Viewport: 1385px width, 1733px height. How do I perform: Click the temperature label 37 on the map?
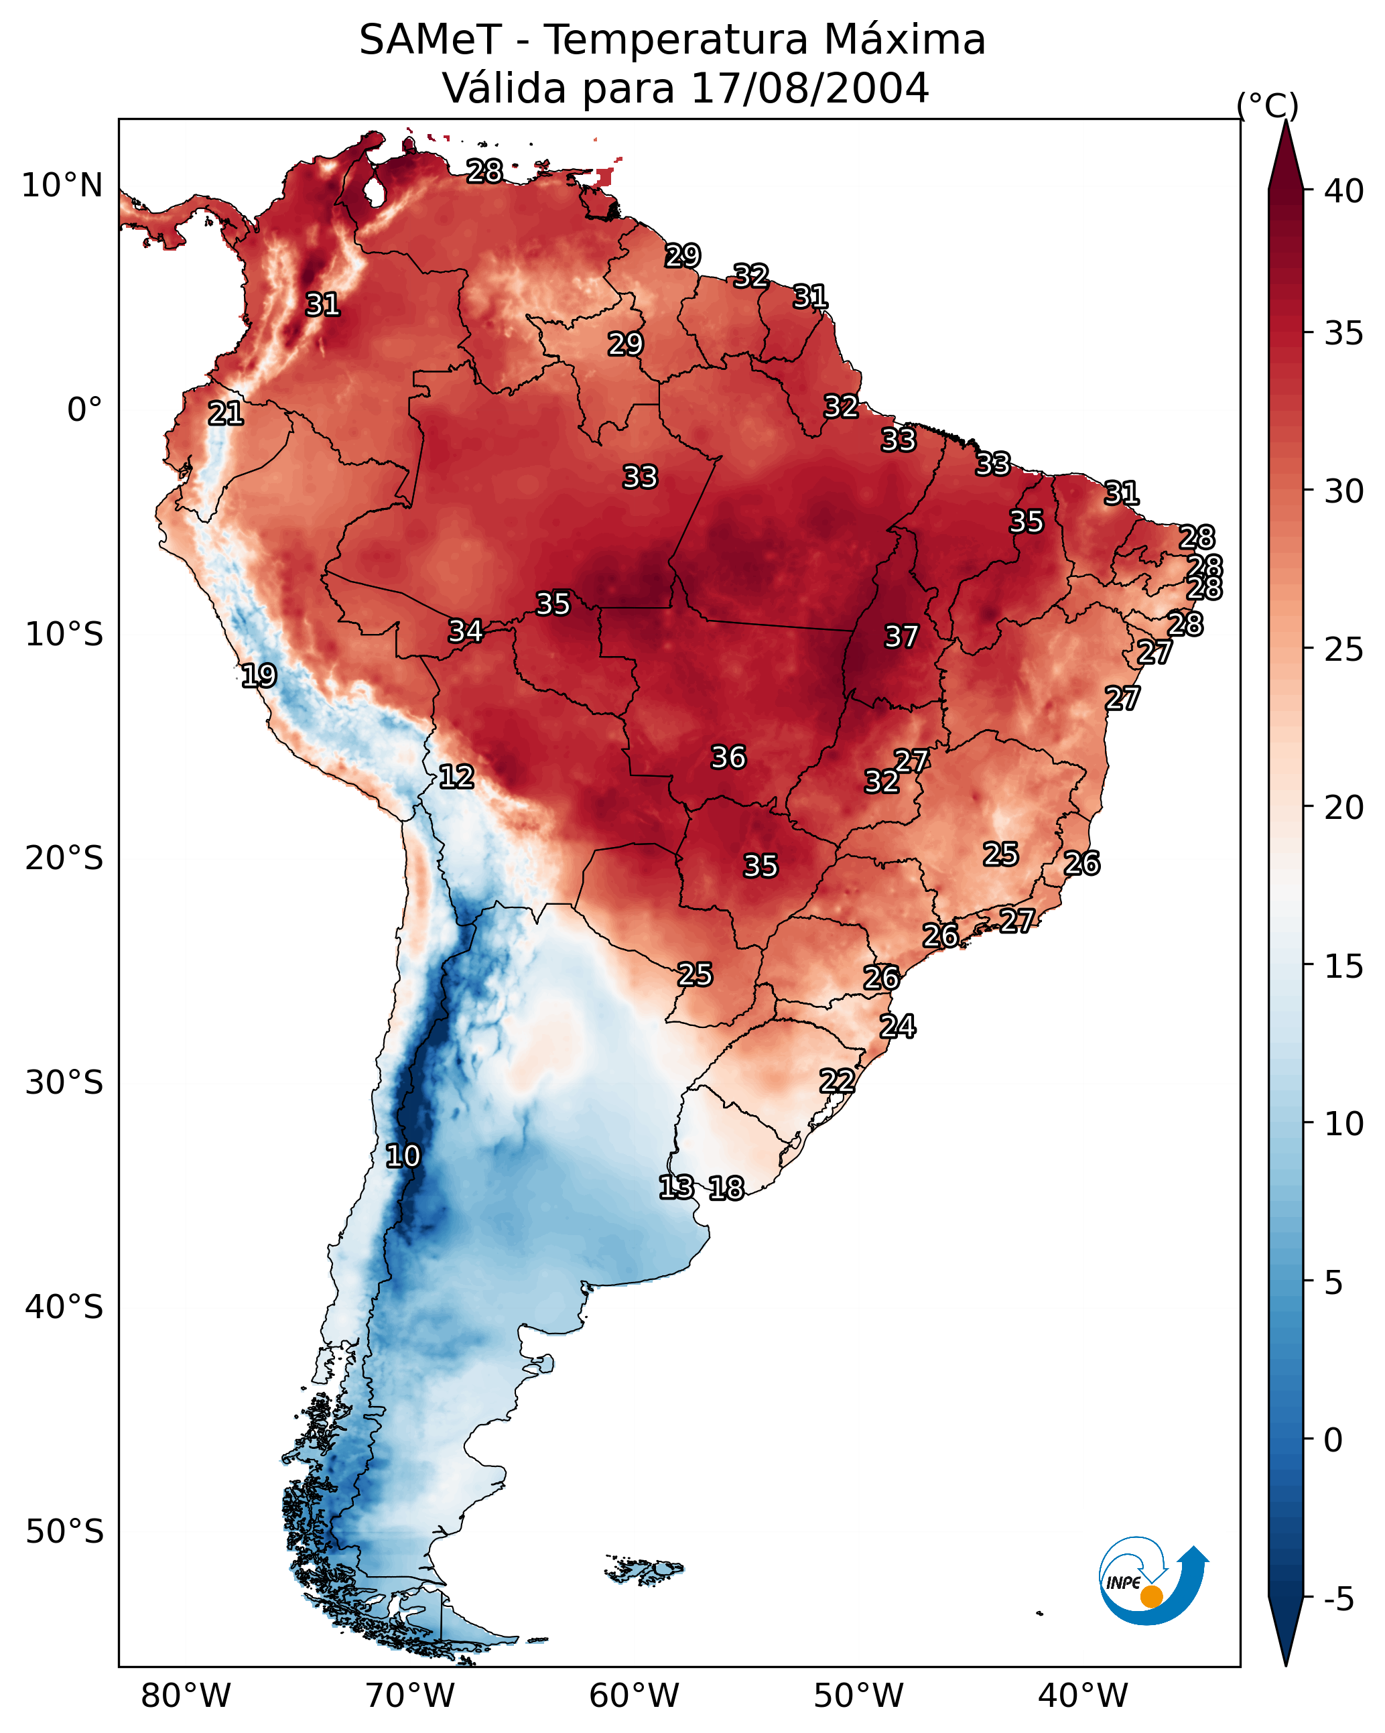pyautogui.click(x=901, y=637)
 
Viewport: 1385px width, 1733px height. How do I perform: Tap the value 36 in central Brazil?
pyautogui.click(x=728, y=757)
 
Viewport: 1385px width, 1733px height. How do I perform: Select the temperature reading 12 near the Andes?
pyautogui.click(x=456, y=777)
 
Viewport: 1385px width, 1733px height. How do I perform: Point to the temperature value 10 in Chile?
pyautogui.click(x=402, y=1156)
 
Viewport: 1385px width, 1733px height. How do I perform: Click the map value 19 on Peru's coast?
pyautogui.click(x=259, y=676)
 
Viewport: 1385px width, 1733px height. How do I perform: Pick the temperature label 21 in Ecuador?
pyautogui.click(x=225, y=413)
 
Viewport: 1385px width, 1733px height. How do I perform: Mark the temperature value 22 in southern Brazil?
pyautogui.click(x=837, y=1080)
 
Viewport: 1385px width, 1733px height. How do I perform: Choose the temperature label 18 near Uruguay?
pyautogui.click(x=726, y=1188)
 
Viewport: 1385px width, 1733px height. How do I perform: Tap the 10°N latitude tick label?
pyautogui.click(x=62, y=186)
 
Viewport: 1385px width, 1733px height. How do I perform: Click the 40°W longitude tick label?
pyautogui.click(x=1083, y=1695)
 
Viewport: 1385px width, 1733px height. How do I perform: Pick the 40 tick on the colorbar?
pyautogui.click(x=1344, y=191)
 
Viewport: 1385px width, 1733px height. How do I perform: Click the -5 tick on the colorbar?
pyautogui.click(x=1338, y=1600)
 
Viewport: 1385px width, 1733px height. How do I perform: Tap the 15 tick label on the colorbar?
pyautogui.click(x=1344, y=966)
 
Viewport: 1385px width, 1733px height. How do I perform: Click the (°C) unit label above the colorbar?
pyautogui.click(x=1267, y=105)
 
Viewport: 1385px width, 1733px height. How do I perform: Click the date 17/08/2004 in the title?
pyautogui.click(x=809, y=88)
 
